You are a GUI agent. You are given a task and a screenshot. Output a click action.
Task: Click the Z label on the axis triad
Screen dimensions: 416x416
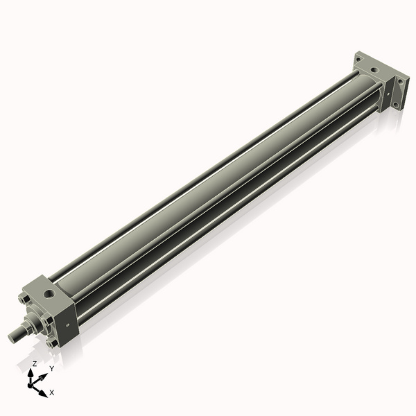(x=34, y=363)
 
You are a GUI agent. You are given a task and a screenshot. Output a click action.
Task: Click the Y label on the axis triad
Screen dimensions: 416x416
(x=52, y=368)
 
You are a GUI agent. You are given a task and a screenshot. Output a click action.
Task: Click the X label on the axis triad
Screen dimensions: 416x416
(x=52, y=392)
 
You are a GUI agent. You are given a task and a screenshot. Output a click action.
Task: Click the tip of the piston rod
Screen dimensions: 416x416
(x=12, y=336)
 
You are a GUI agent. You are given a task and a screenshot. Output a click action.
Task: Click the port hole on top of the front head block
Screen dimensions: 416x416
(x=49, y=294)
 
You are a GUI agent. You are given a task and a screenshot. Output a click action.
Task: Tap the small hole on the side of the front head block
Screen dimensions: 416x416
(x=67, y=324)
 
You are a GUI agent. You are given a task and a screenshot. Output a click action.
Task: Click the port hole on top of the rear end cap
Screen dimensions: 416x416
(x=375, y=70)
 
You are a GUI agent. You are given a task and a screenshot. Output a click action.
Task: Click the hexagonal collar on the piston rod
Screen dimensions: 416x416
(x=29, y=324)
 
